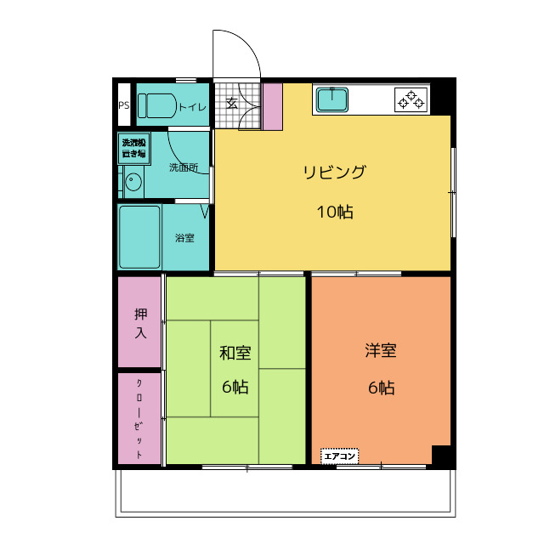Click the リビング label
coord(334,173)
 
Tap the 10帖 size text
coord(334,212)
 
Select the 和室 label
coord(235,353)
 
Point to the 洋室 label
coord(381,350)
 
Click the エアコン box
coord(340,456)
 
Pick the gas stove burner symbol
coord(411,100)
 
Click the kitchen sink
coord(332,101)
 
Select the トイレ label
coord(192,107)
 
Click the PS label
coord(123,106)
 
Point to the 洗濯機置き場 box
coord(134,148)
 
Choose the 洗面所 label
coord(183,167)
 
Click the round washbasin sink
coord(132,180)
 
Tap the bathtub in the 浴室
coord(139,236)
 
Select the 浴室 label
coord(184,238)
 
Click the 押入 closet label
coord(140,323)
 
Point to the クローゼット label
coord(139,418)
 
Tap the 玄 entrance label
coord(231,105)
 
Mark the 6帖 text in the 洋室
coord(381,388)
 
